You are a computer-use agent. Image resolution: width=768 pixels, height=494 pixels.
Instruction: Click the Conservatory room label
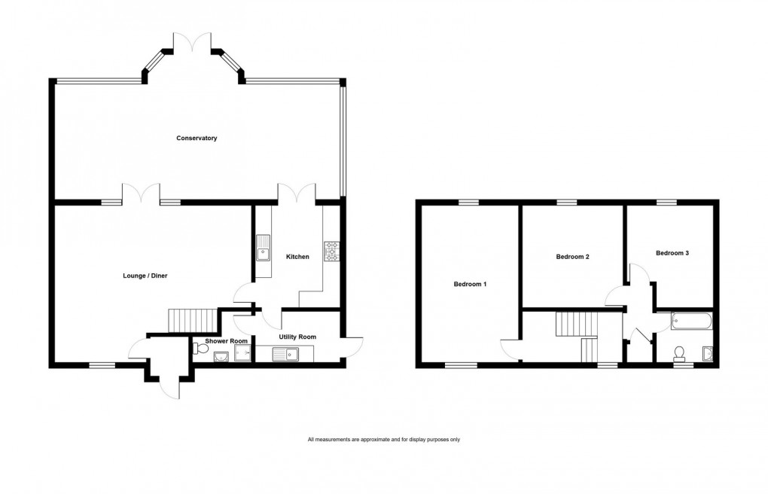pos(197,138)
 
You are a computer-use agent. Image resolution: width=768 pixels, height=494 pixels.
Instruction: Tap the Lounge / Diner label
pos(145,276)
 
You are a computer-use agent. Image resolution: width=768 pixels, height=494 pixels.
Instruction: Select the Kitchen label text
pos(297,257)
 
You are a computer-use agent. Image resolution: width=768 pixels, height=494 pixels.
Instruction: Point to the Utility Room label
pos(297,337)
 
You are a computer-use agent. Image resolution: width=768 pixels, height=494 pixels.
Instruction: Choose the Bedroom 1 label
pos(471,285)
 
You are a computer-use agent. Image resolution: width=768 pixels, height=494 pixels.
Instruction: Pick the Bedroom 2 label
pos(572,257)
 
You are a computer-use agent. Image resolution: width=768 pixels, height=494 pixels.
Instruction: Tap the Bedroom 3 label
pos(672,253)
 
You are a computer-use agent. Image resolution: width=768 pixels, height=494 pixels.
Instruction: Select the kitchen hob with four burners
pos(331,252)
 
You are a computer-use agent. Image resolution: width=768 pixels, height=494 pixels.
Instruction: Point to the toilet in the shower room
pos(200,348)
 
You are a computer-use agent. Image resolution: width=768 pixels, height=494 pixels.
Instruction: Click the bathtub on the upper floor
pos(691,322)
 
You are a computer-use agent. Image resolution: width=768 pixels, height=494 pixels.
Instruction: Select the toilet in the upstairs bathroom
pos(680,353)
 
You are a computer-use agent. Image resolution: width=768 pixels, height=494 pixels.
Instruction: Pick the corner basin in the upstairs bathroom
pos(707,353)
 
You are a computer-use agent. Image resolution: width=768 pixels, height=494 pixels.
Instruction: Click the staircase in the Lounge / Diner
pos(181,320)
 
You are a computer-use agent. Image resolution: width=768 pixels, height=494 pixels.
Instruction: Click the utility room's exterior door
pos(352,346)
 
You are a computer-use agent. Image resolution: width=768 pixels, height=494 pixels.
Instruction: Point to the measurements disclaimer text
pos(383,439)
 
